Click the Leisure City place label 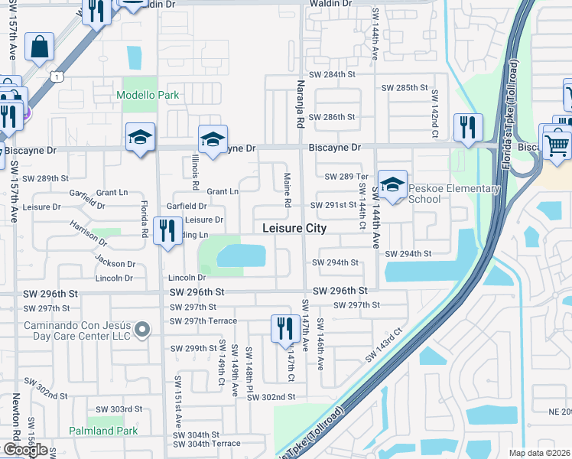coord(294,228)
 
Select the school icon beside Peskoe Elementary coord(392,185)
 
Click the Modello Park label coord(148,96)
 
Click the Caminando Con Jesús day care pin coord(141,330)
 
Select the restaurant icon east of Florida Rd coord(166,230)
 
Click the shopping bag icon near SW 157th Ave coord(39,47)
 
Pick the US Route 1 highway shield coord(56,76)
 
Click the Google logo coord(25,450)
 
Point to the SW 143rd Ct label coord(383,345)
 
